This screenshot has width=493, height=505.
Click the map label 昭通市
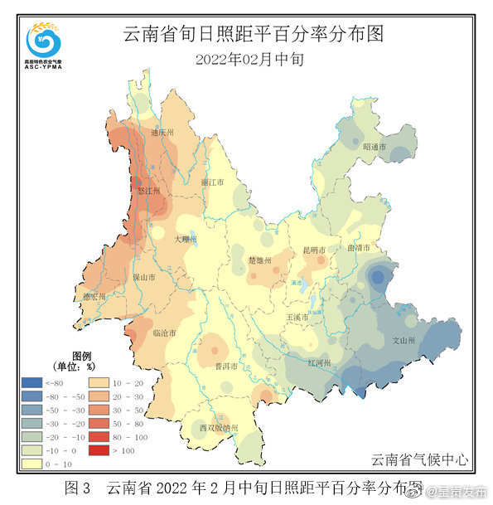point(375,147)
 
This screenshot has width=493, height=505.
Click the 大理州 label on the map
point(186,239)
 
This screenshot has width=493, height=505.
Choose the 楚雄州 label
point(260,260)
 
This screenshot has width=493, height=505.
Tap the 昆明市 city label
point(314,250)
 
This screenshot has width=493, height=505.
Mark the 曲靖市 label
point(358,249)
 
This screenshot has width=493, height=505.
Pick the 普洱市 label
point(226,366)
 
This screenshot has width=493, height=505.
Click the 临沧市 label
point(166,333)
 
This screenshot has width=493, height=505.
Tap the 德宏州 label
point(93,296)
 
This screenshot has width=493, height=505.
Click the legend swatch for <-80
point(32,382)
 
